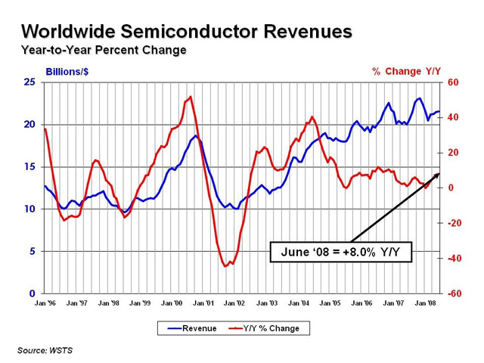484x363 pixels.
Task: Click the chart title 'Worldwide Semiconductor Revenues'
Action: [186, 32]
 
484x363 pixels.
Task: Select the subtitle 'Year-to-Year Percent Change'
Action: [104, 51]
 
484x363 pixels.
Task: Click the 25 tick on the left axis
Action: [29, 82]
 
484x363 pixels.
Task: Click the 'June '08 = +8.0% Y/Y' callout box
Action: [340, 251]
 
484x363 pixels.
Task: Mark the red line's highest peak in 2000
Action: [190, 97]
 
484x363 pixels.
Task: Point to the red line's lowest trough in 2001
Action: [225, 266]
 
